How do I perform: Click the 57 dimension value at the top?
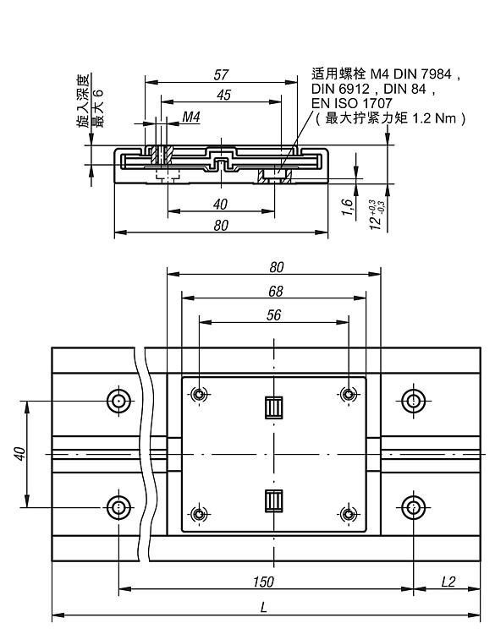[221, 74]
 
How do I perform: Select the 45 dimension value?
[223, 95]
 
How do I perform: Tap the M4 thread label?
[190, 117]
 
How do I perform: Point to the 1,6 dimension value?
[348, 207]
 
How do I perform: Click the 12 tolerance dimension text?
[377, 215]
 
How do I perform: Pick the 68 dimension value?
[276, 291]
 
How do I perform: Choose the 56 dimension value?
[273, 315]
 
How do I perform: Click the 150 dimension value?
[263, 582]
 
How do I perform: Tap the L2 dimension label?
[448, 582]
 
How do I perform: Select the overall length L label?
[264, 607]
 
